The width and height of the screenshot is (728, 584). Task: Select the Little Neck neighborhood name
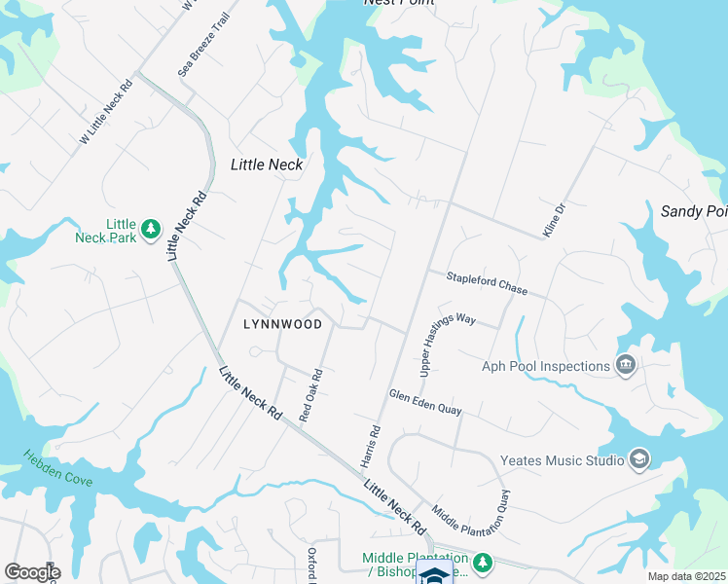[267, 164]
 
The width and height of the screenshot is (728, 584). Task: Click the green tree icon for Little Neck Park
[150, 229]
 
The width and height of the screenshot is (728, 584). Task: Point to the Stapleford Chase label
[487, 284]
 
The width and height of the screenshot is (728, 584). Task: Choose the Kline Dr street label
[554, 221]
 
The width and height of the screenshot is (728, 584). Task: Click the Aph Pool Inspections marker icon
[626, 366]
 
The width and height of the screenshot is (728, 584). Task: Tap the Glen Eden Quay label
[424, 403]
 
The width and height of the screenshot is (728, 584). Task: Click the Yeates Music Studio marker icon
[638, 459]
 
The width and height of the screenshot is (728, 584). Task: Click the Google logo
[32, 571]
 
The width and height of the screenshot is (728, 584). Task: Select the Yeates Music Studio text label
[562, 460]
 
